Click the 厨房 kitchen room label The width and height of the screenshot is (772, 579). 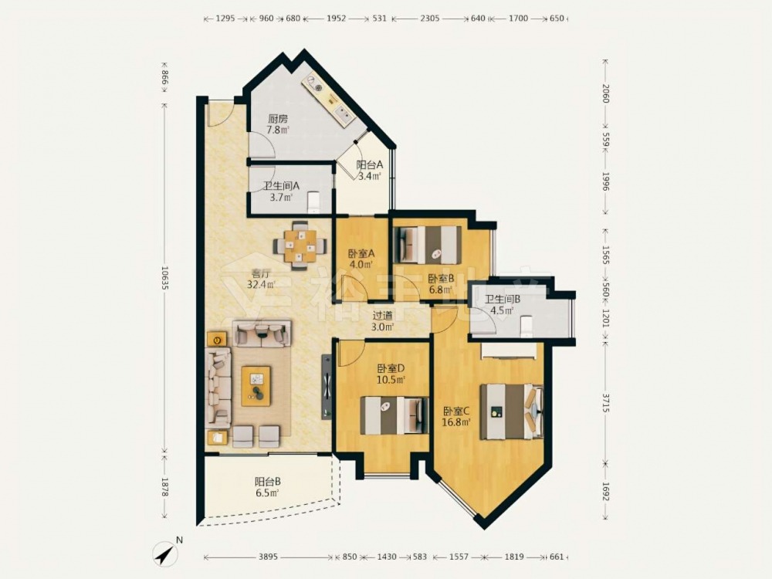tap(278, 119)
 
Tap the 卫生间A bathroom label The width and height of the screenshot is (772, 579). tap(281, 186)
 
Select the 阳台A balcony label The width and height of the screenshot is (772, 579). tap(369, 165)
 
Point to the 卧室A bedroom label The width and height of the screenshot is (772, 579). tap(362, 254)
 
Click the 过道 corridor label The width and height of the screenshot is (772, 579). tap(383, 316)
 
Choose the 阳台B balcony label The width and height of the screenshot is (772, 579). tap(268, 482)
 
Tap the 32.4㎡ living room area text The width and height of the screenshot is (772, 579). tap(262, 284)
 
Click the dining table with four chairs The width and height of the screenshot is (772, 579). tap(300, 245)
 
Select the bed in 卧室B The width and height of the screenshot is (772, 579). tap(428, 245)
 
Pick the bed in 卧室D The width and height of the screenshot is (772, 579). tap(394, 415)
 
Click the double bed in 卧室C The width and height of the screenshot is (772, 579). tap(512, 411)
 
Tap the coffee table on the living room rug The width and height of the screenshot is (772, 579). tap(256, 386)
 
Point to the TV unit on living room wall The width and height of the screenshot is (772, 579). tap(327, 387)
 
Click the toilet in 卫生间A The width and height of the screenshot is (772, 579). tap(313, 202)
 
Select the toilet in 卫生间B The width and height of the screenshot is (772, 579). tap(527, 326)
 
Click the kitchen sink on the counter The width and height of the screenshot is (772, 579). tap(344, 114)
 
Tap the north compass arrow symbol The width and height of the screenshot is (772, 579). tap(166, 554)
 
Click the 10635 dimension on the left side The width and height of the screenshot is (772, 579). tap(164, 278)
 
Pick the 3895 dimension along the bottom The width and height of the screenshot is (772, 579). tap(269, 557)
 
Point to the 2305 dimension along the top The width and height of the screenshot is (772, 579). tap(430, 19)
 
